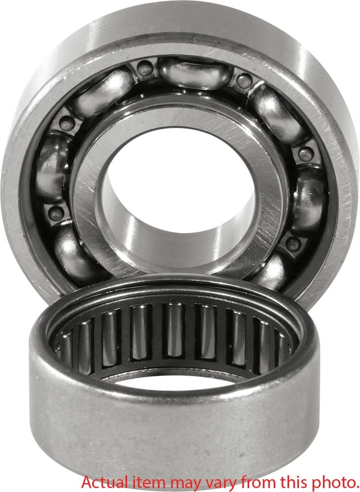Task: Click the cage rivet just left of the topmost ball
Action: (x=145, y=67)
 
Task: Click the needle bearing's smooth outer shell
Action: (x=174, y=425)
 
